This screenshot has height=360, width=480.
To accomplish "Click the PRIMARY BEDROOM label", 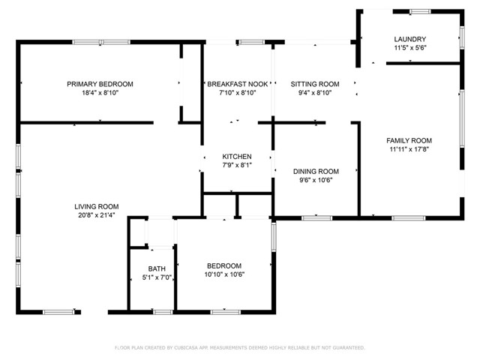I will [x=100, y=83].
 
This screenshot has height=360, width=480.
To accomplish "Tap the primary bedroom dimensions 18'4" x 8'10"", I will [x=100, y=93].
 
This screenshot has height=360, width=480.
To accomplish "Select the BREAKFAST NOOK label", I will [x=238, y=83].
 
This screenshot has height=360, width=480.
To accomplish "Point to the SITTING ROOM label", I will [x=315, y=83].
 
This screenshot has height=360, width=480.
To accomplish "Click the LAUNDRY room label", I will [x=410, y=39].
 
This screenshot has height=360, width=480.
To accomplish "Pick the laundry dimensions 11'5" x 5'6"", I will [x=410, y=49].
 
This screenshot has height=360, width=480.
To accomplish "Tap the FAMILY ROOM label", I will [x=409, y=140].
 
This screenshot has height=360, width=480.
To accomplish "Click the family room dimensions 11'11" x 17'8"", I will [x=409, y=149].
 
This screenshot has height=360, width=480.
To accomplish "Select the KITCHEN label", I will [x=237, y=156].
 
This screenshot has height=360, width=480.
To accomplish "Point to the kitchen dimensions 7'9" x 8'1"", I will [x=237, y=165].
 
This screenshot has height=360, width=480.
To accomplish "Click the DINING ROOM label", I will [x=315, y=171].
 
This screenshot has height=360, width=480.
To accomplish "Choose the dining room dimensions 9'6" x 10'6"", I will [x=315, y=180].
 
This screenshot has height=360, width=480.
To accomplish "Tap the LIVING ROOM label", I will [x=96, y=206].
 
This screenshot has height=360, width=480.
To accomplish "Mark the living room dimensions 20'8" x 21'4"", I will [x=96, y=216].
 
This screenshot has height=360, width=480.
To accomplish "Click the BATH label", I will [x=157, y=268].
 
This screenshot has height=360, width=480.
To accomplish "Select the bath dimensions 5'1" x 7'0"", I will [x=157, y=277].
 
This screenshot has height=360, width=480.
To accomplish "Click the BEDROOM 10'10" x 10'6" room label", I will [x=224, y=265].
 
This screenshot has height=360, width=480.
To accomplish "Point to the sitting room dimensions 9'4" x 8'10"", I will [x=315, y=93].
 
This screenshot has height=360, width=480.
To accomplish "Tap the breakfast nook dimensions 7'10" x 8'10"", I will [x=238, y=93].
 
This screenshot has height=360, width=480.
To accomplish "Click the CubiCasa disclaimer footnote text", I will [x=239, y=347].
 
